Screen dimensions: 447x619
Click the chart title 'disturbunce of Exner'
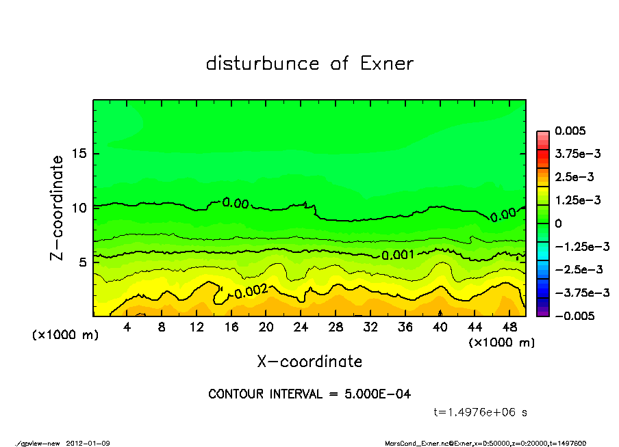point(309,64)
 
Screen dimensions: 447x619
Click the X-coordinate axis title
point(309,361)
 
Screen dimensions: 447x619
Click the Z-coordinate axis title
point(58,207)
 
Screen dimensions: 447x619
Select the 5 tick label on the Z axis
point(84,262)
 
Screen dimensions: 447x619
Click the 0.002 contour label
point(251,292)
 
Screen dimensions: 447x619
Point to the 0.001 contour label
point(397,255)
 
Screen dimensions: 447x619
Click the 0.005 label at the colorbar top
point(570,131)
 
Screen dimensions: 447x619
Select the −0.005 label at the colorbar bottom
point(574,316)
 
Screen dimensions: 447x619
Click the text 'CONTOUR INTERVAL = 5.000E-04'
point(309,394)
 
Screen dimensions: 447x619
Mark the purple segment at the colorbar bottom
point(542,312)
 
